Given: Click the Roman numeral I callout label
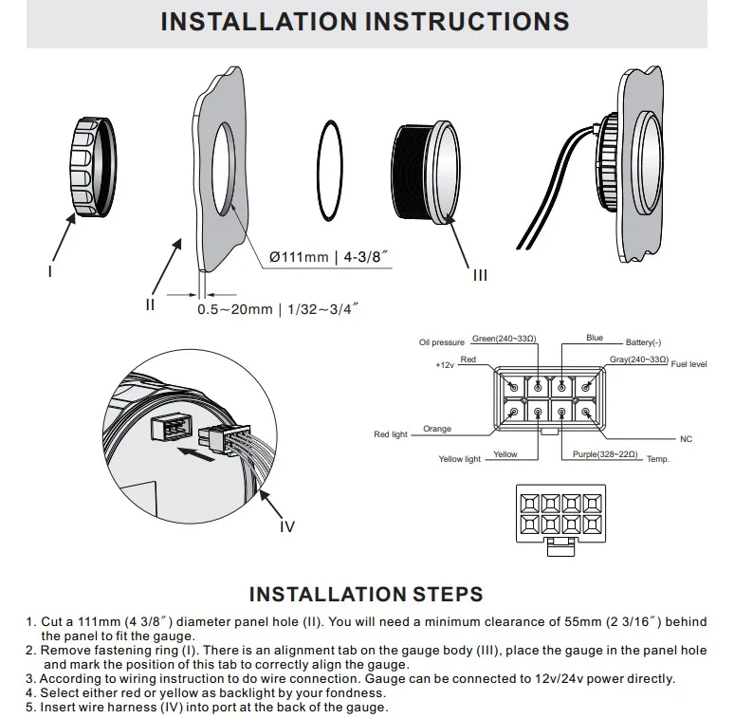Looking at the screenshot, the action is point(50,270).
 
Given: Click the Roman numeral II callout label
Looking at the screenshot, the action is point(149,304).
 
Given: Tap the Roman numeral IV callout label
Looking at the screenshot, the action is point(288,526).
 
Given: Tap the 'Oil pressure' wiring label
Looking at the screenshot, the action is point(442,342).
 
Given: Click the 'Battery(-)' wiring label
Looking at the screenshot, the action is point(644,341).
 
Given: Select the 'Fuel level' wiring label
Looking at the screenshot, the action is point(689,364).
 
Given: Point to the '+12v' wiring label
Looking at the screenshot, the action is point(445,365).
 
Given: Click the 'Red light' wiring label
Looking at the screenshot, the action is point(390,434).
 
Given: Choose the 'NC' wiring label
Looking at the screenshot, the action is point(687,440).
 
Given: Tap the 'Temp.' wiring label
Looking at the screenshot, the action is point(658,460).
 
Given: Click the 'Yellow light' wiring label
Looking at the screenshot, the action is point(460,459).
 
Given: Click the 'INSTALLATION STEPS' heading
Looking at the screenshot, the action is point(365,595).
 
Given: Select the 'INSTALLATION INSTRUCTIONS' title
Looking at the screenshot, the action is point(365,22).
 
